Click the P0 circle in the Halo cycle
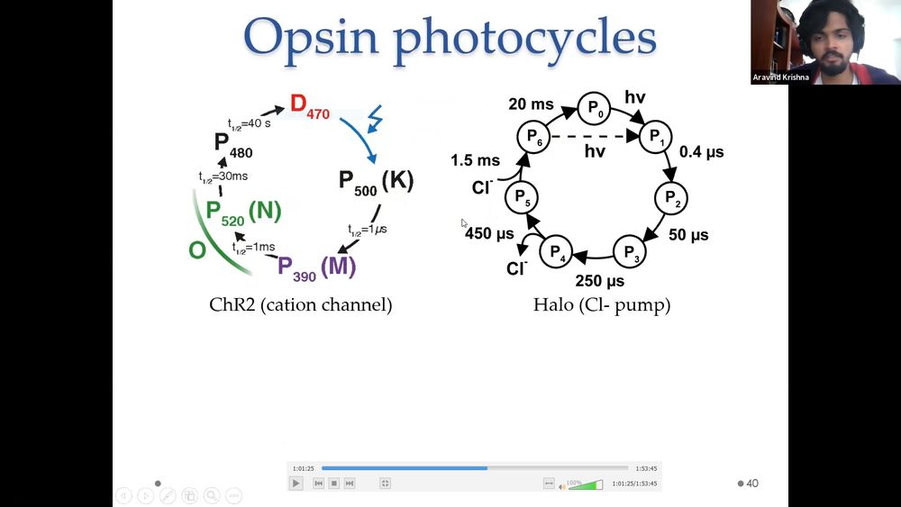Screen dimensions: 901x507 click(594, 109)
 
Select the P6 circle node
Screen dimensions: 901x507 click(533, 137)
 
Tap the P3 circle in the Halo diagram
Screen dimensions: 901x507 click(630, 251)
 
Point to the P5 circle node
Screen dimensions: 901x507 click(521, 197)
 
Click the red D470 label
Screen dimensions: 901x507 click(310, 106)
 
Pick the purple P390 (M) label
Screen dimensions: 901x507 click(316, 268)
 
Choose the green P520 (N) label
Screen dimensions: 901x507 click(243, 213)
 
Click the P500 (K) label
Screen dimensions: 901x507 click(376, 183)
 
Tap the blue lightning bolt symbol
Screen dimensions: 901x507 click(375, 118)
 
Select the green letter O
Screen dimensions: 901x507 click(197, 250)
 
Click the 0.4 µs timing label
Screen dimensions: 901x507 click(702, 152)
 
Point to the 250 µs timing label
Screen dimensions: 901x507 click(600, 281)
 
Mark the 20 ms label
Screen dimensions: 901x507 click(531, 104)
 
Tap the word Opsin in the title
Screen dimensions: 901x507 click(311, 38)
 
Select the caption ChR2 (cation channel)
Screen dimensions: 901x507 click(301, 305)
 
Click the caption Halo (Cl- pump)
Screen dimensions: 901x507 click(602, 305)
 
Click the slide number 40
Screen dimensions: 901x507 click(752, 484)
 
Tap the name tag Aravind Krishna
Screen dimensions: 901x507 click(780, 77)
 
